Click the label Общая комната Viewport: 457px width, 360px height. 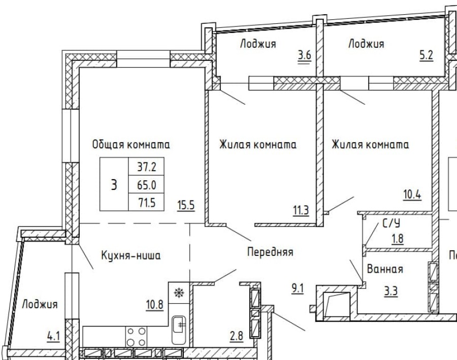tap(130, 145)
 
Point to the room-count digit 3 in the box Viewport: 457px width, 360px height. tap(114, 184)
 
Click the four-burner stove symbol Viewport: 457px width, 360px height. tap(137, 336)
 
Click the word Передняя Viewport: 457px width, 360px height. tap(270, 251)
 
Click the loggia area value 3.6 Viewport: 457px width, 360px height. tap(304, 56)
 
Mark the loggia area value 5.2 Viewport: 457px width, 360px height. tap(426, 56)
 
